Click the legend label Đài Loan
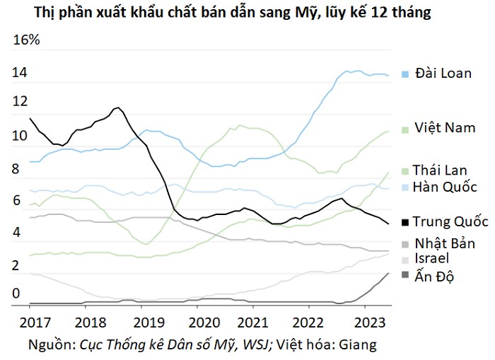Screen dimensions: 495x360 click(443, 74)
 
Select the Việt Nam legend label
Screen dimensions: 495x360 click(445, 127)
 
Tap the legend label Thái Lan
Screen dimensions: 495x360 click(440, 170)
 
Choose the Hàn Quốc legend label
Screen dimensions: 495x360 click(445, 187)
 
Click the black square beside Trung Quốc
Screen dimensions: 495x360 click(404, 223)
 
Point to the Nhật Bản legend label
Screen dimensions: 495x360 click(445, 243)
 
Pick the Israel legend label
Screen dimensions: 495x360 click(431, 258)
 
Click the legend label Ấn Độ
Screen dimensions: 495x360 click(434, 276)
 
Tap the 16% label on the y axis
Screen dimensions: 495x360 click(27, 40)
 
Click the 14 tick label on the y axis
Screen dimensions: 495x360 click(20, 73)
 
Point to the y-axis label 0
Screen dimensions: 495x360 click(16, 294)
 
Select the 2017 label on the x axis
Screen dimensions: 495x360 click(35, 323)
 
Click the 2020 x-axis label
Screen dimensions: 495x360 click(204, 323)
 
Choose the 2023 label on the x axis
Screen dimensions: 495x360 click(370, 323)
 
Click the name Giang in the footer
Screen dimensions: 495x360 click(358, 345)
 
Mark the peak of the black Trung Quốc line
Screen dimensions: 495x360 click(118, 108)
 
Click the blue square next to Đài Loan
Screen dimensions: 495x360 click(404, 74)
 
